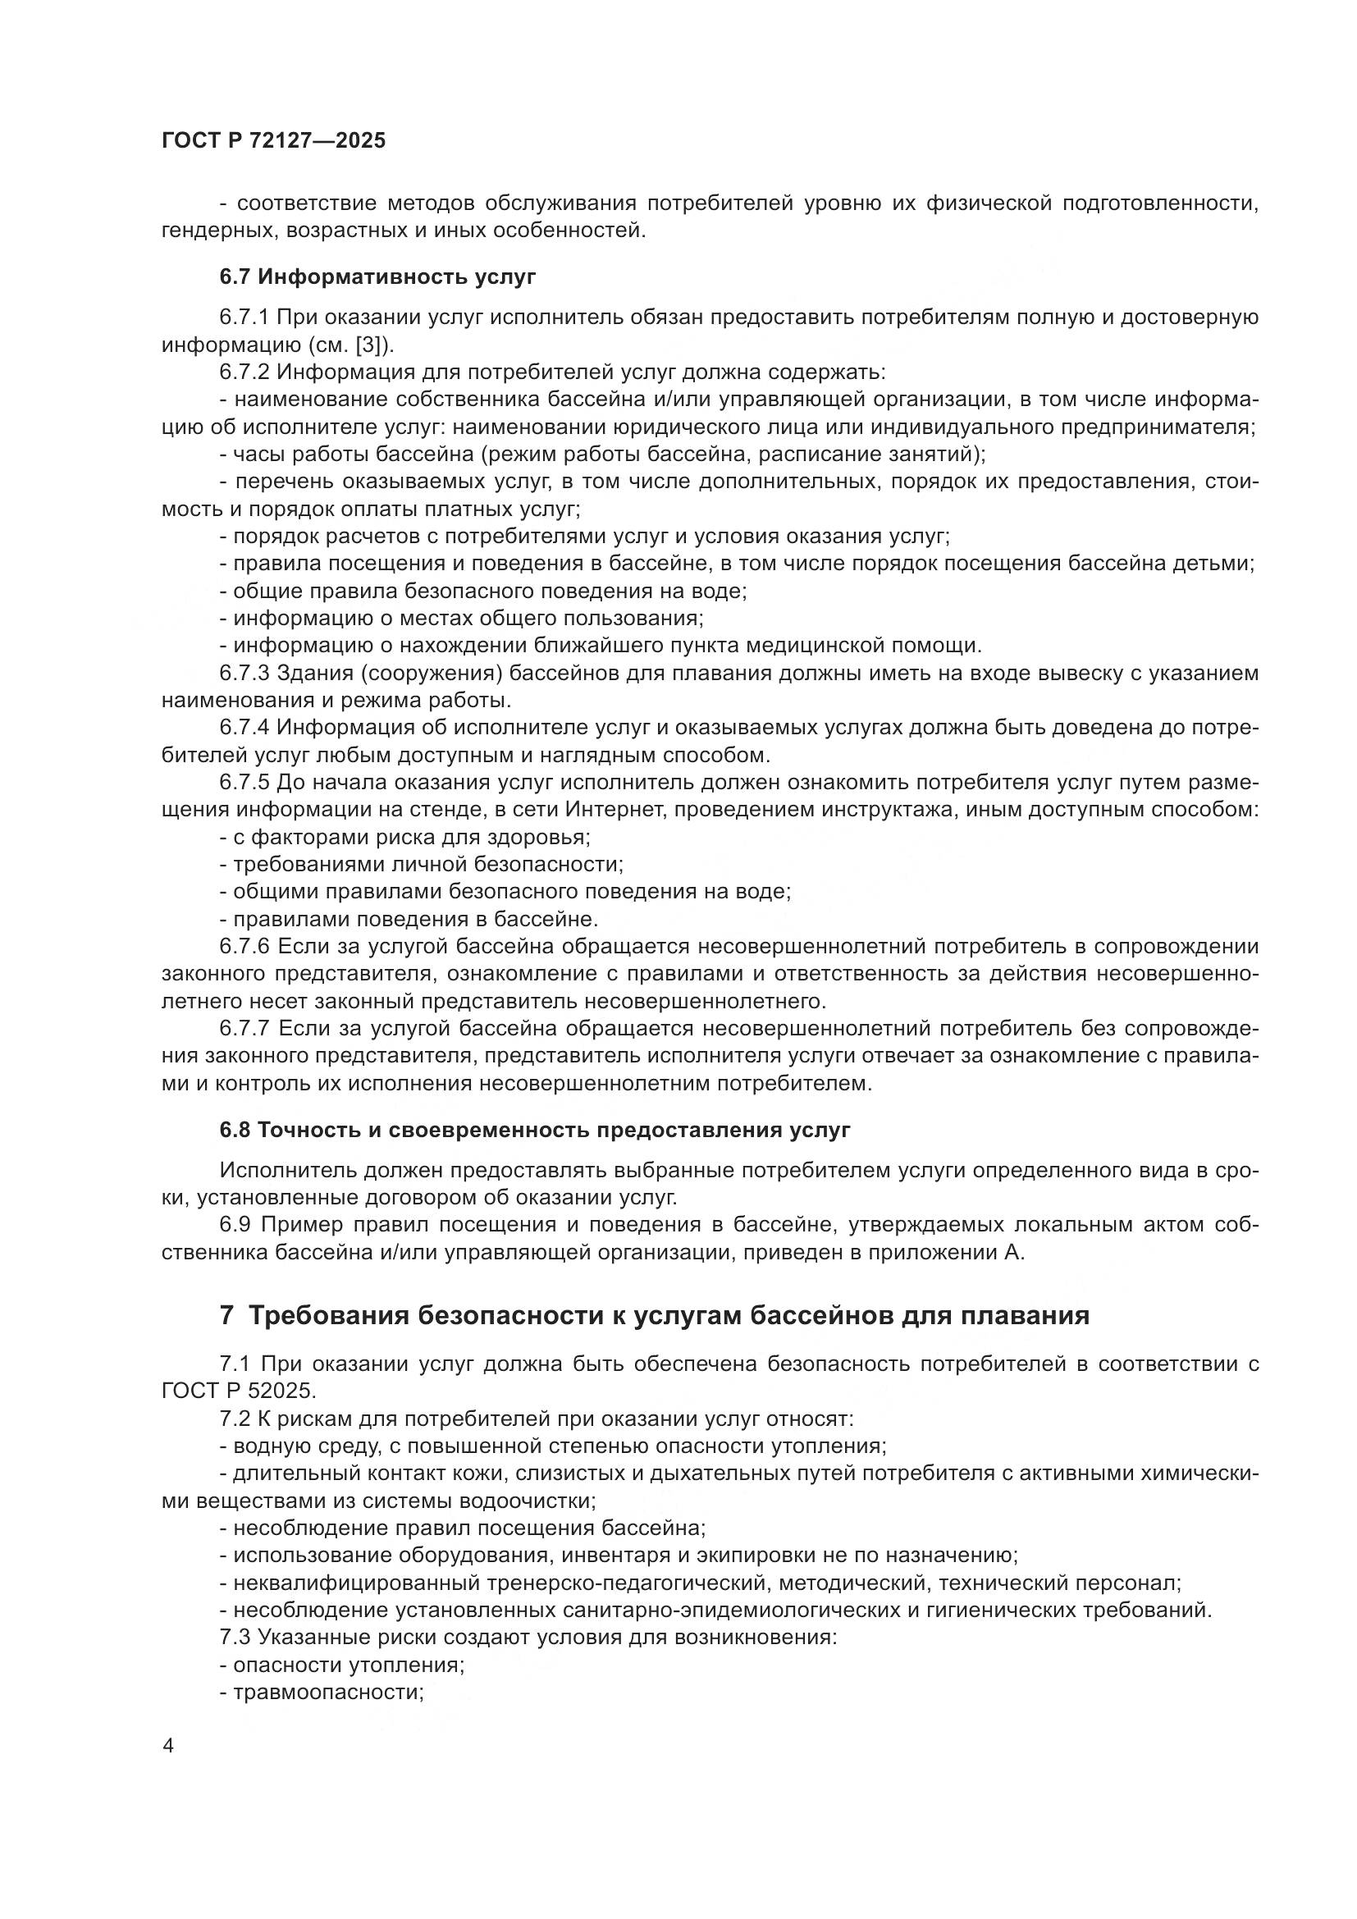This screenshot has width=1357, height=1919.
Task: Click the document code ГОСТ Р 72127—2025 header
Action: click(273, 140)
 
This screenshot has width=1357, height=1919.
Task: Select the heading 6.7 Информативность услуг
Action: click(377, 277)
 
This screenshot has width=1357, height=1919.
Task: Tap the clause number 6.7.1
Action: click(244, 318)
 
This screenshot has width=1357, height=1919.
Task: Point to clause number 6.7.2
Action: click(244, 372)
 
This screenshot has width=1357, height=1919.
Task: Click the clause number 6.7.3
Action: click(244, 673)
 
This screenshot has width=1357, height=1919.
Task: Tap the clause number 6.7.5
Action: click(244, 783)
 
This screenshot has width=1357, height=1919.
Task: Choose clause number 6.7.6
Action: click(244, 946)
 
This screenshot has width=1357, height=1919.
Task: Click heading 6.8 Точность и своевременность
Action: click(535, 1130)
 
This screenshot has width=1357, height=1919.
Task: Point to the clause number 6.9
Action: click(236, 1224)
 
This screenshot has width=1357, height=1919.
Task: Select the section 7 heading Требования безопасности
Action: click(654, 1315)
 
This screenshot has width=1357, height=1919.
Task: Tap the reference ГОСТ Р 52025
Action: click(238, 1391)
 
